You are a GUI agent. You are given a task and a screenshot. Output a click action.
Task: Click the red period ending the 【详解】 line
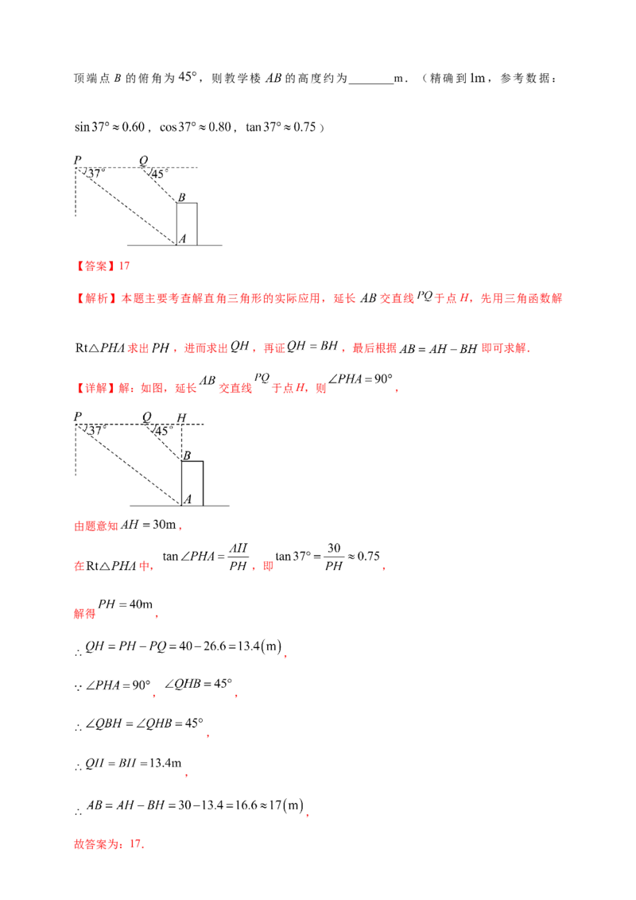pyautogui.click(x=397, y=391)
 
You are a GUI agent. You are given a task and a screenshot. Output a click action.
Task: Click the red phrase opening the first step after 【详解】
pyautogui.click(x=95, y=526)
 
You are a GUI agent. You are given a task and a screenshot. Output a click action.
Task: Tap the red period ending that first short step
pyautogui.click(x=182, y=528)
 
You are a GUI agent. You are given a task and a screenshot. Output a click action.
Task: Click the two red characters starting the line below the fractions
pyautogui.click(x=83, y=614)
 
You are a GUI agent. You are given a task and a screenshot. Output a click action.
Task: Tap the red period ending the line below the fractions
pyautogui.click(x=157, y=617)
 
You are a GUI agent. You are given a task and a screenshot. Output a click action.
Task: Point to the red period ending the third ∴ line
pyautogui.click(x=207, y=739)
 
